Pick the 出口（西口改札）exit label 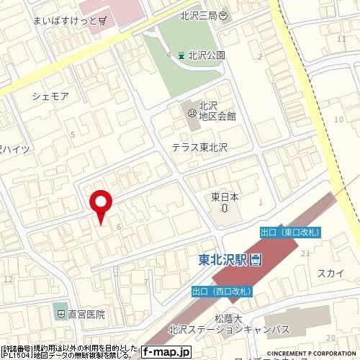click(x=222, y=291)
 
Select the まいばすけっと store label click(x=64, y=22)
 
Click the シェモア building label click(x=50, y=95)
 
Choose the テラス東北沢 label click(x=199, y=147)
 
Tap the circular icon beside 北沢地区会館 click(x=192, y=113)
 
